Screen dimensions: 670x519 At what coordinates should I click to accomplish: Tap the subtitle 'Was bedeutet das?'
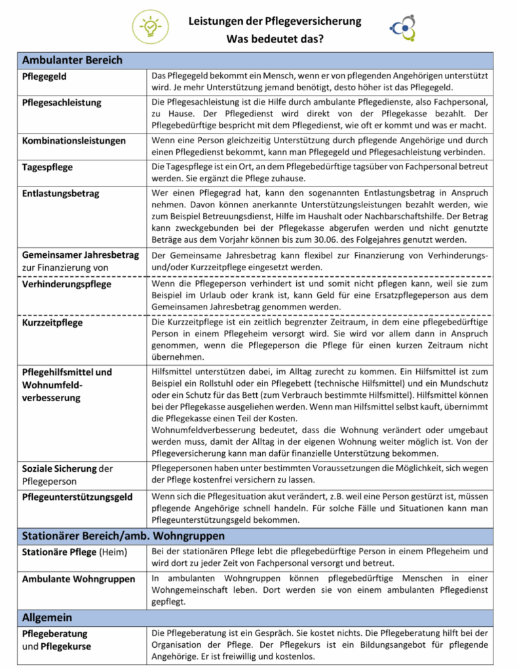click(275, 39)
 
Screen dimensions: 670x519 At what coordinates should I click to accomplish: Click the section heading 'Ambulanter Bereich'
click(72, 60)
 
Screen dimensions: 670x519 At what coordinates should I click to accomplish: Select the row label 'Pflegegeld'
click(45, 77)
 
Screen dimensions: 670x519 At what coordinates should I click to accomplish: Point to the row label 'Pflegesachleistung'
click(62, 103)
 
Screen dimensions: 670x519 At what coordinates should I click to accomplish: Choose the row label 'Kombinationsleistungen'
click(73, 141)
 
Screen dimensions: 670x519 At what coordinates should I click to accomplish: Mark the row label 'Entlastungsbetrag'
click(61, 193)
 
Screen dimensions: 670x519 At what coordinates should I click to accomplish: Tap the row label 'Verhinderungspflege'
click(67, 285)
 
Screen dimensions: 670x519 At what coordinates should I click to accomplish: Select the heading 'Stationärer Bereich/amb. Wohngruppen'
click(123, 536)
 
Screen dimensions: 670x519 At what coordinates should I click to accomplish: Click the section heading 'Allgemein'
click(47, 617)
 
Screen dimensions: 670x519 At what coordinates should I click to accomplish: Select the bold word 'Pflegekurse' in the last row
click(66, 646)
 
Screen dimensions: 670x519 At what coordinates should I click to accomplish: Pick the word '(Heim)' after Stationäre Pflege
click(113, 553)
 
